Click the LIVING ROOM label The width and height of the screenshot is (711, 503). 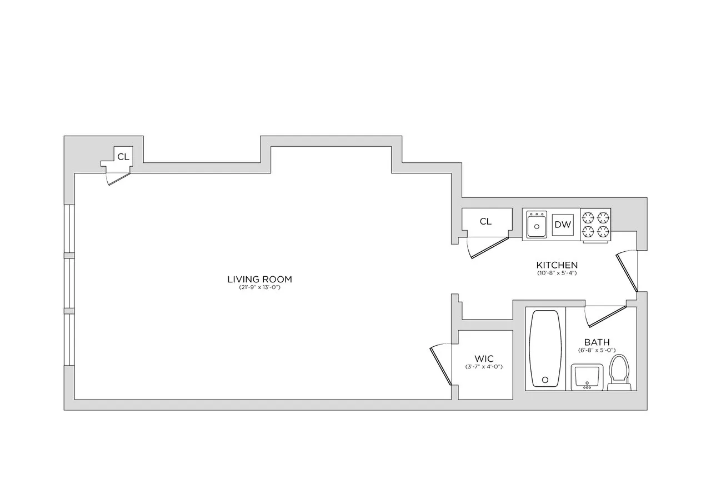(259, 279)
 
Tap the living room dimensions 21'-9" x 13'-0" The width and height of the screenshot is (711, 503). (259, 288)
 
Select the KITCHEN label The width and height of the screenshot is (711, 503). (557, 265)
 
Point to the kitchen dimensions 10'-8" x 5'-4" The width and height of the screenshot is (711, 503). (557, 273)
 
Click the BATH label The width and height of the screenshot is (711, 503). (597, 342)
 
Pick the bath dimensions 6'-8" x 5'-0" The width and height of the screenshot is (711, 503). (597, 350)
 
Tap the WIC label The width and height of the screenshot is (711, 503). (484, 359)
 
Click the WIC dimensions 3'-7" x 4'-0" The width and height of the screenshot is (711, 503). (484, 367)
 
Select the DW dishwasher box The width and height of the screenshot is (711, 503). (563, 225)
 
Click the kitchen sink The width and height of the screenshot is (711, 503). (537, 225)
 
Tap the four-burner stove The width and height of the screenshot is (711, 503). (595, 225)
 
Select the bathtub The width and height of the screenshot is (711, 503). (545, 348)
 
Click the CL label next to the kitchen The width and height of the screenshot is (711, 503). (485, 222)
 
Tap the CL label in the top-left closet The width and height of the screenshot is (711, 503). (123, 157)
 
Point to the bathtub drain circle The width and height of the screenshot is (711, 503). (545, 380)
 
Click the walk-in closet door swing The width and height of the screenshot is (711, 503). (441, 364)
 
